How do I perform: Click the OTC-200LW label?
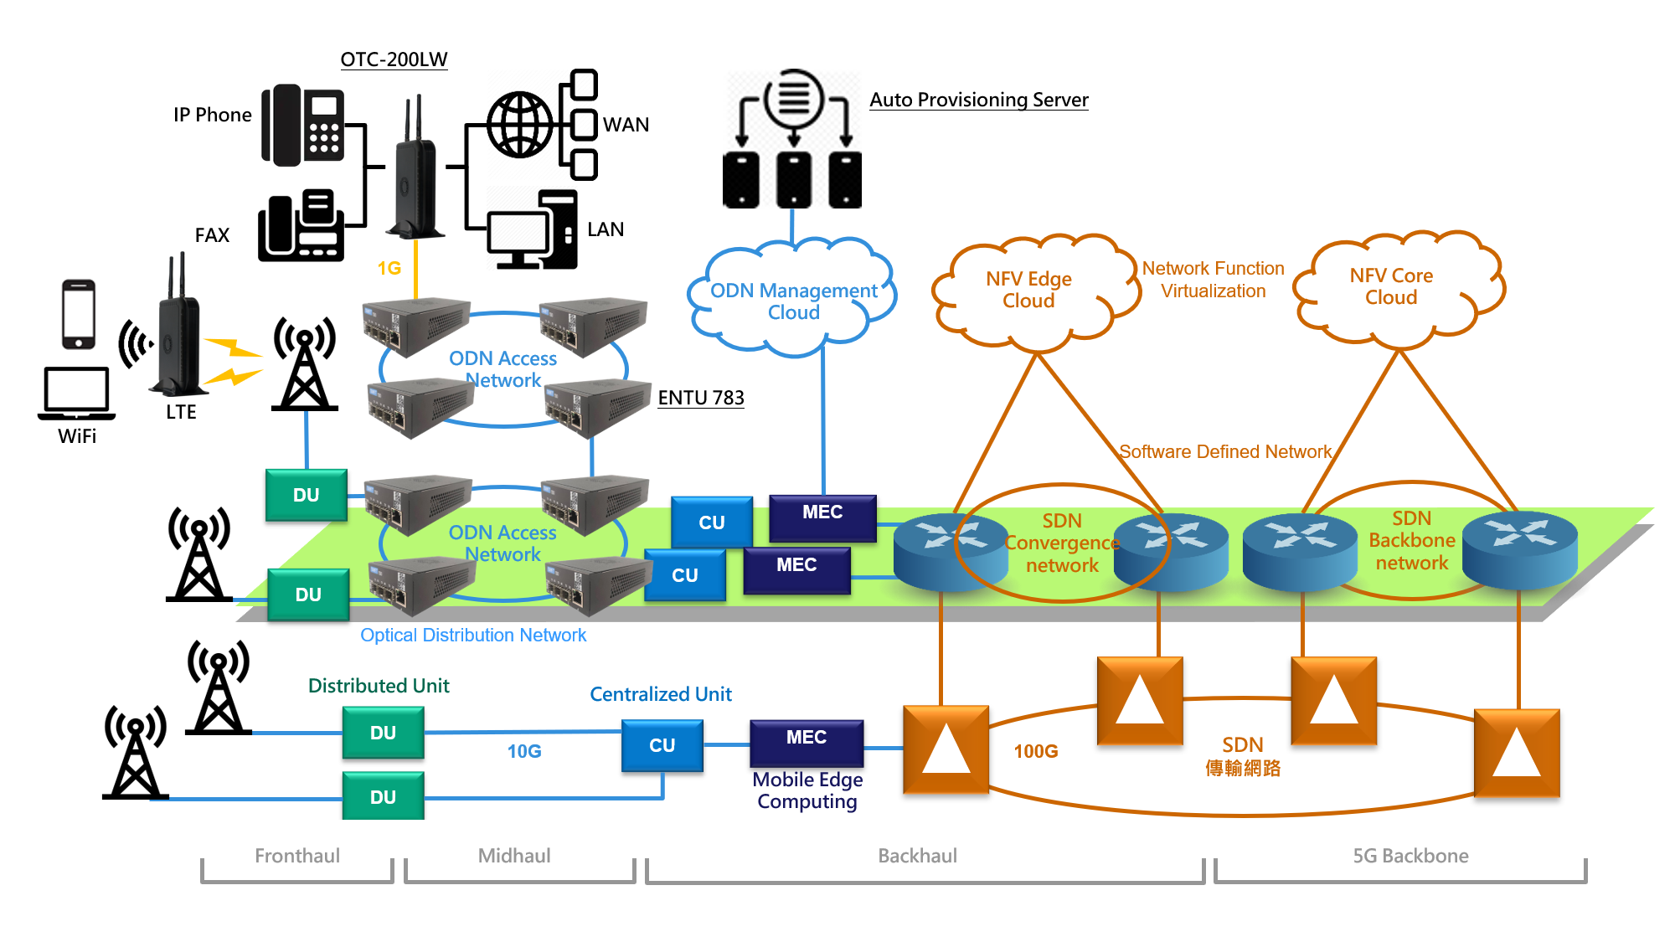394,59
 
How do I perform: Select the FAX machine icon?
301,225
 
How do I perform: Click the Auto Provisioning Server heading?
979,100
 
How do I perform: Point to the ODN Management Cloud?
792,297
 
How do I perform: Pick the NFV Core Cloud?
1399,289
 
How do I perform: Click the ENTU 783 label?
701,398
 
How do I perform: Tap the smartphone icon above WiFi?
79,314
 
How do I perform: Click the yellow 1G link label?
389,268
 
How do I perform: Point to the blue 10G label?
524,751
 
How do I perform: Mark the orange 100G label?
1036,751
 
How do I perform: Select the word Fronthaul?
297,856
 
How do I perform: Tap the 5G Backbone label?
1411,856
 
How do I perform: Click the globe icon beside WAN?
521,125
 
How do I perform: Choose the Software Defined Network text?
1225,452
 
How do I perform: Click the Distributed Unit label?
379,686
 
